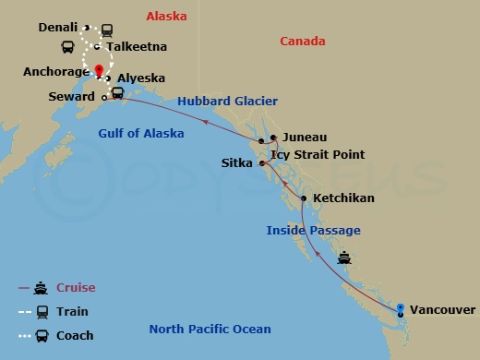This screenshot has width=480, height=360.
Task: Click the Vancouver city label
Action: [x=442, y=310]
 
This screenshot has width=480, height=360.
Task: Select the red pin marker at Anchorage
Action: [x=99, y=70]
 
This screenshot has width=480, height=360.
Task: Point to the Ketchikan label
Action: [x=343, y=198]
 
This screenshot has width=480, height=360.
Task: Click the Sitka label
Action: [x=236, y=162]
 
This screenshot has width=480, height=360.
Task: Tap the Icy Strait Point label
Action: [x=321, y=154]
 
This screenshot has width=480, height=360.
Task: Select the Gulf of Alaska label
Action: [x=141, y=134]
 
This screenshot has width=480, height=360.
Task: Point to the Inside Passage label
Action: [x=313, y=230]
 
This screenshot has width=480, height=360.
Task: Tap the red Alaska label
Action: [x=166, y=17]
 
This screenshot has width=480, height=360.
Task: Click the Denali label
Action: [x=58, y=28]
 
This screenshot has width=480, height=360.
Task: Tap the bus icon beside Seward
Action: [x=118, y=93]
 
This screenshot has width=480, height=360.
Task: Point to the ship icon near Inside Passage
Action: [x=344, y=258]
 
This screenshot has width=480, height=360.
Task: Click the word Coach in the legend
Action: [x=75, y=336]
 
